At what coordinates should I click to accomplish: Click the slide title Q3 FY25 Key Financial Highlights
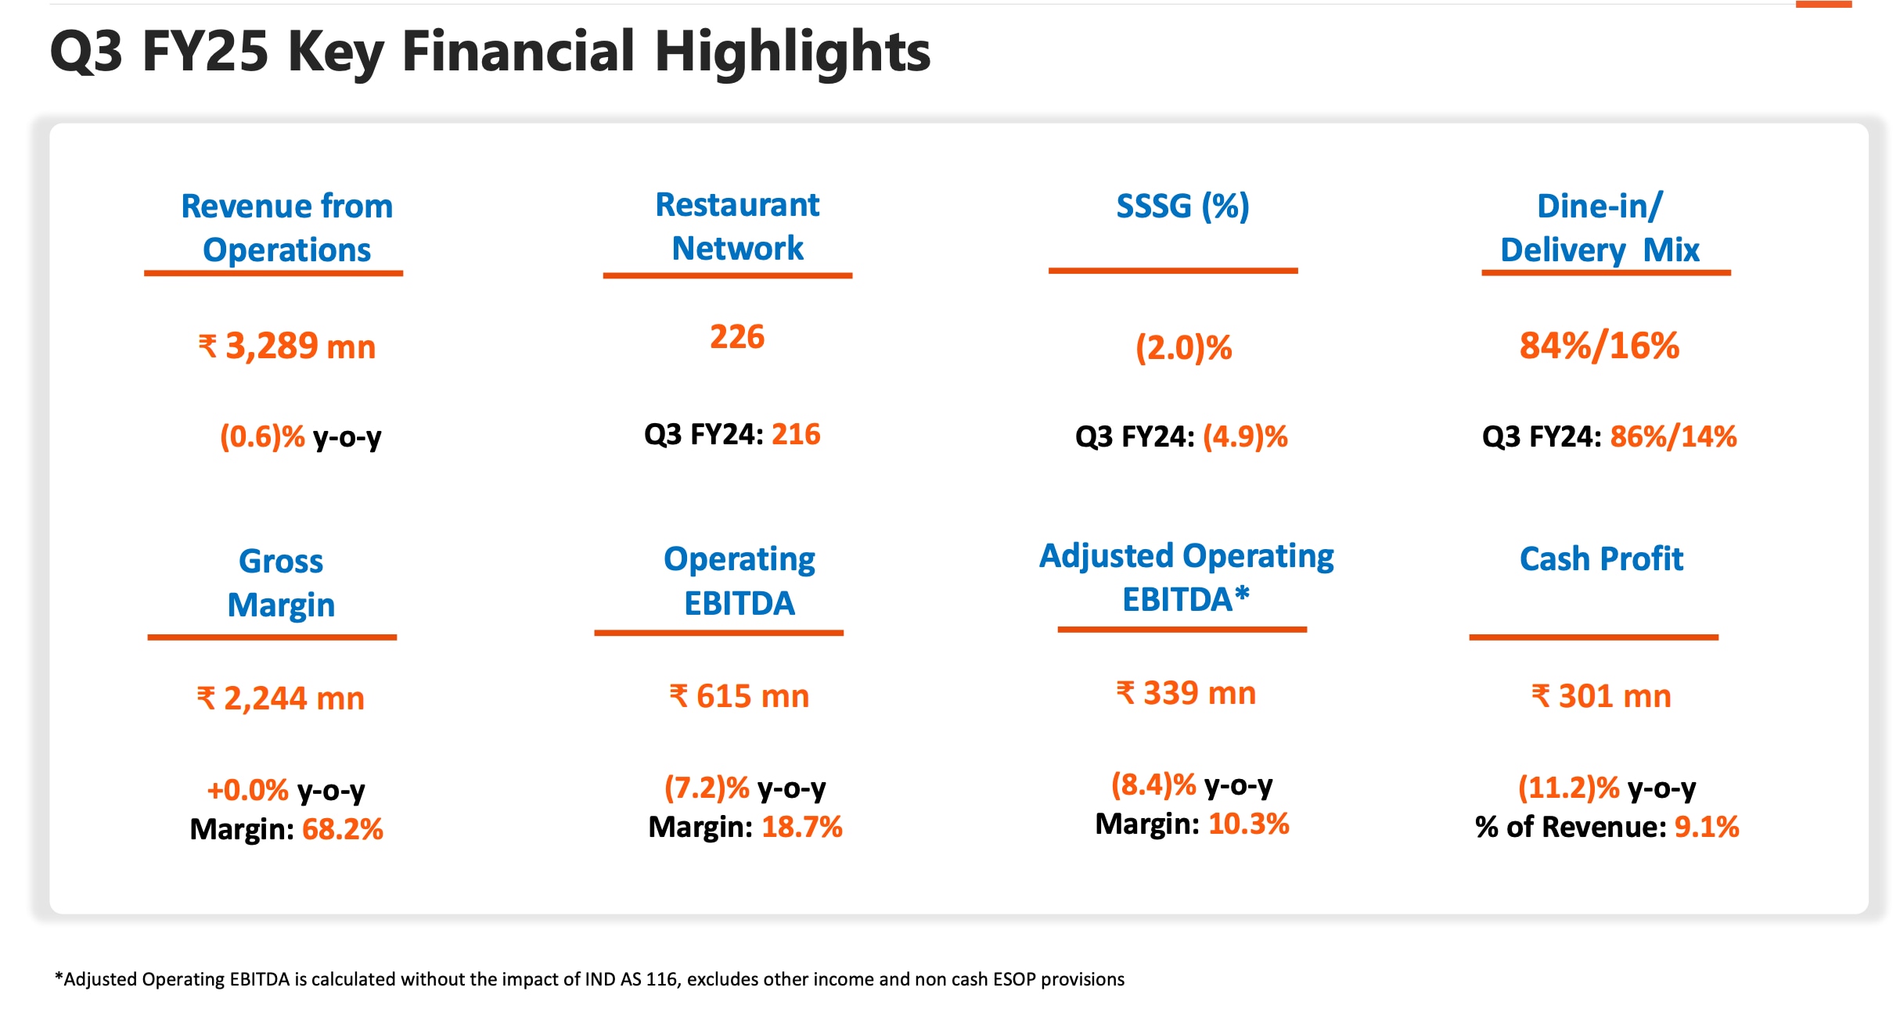(490, 52)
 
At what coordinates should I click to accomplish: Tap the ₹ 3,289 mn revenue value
(287, 347)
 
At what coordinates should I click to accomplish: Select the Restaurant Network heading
(737, 226)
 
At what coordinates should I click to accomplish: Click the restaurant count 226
(737, 337)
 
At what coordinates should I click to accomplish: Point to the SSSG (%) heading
(1182, 206)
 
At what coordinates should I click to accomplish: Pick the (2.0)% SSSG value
(1184, 348)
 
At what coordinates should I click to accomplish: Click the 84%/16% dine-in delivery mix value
(1600, 346)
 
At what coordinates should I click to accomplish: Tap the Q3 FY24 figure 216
(796, 434)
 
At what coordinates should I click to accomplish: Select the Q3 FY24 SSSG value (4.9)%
(1245, 436)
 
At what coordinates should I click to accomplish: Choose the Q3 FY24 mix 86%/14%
(1673, 436)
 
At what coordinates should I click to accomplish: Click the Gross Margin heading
(281, 583)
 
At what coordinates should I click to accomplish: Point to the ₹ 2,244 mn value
(281, 698)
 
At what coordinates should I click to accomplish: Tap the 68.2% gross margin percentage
(343, 829)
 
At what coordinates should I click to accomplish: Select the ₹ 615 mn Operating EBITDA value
(739, 696)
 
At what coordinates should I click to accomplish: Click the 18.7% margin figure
(802, 827)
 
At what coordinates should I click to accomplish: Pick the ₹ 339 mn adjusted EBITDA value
(1186, 693)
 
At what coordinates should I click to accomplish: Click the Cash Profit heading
(1601, 559)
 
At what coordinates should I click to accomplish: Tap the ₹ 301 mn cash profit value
(1601, 696)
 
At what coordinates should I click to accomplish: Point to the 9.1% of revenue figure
(1707, 827)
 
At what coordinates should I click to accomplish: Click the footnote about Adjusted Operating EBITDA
(589, 979)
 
